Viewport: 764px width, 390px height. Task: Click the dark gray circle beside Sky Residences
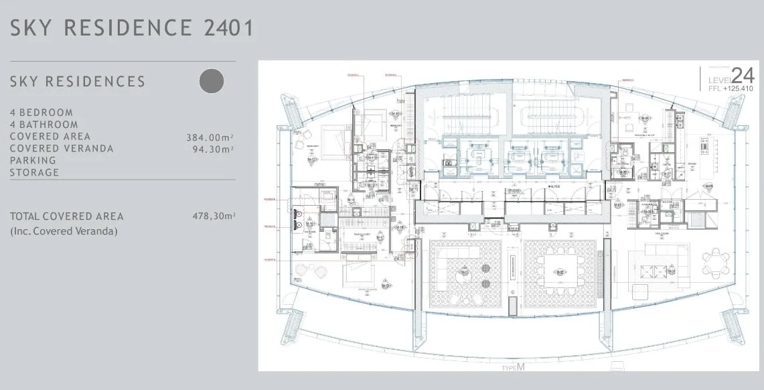212,81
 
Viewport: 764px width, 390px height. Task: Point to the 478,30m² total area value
213,216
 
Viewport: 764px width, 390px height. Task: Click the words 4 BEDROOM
42,113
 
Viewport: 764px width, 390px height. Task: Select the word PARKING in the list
33,161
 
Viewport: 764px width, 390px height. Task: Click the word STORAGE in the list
34,173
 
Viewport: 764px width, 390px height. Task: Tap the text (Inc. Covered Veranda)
64,231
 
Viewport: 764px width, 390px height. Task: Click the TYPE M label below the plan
514,368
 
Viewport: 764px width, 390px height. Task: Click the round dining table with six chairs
716,263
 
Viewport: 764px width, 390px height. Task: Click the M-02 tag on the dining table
560,272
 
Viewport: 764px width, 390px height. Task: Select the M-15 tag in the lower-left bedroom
386,285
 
